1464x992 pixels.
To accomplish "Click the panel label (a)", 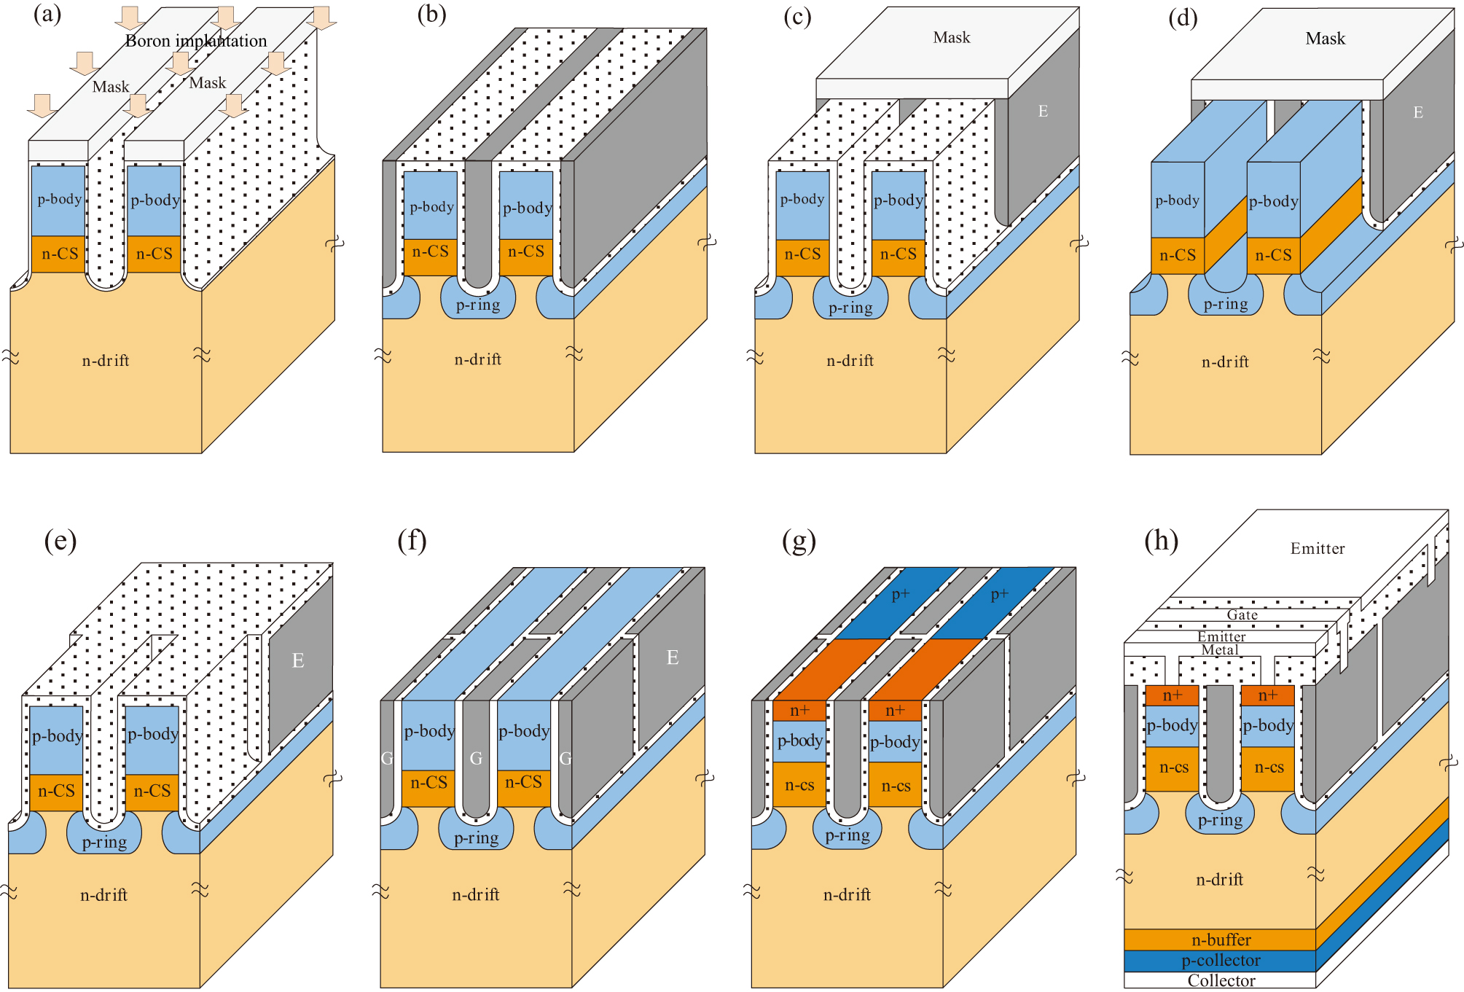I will coord(47,15).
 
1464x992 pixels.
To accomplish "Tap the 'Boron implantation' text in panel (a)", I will coord(196,41).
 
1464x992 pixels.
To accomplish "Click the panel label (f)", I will coord(412,541).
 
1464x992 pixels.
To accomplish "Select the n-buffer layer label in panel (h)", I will coord(1221,940).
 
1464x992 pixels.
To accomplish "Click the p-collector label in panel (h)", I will coord(1221,960).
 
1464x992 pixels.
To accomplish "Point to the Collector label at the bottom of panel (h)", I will coord(1221,980).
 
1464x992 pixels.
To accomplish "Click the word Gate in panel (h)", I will coord(1242,614).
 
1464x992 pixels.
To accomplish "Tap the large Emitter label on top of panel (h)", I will coord(1317,548).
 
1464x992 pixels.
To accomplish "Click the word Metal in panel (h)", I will coord(1219,649).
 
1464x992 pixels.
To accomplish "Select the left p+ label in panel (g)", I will coord(901,594).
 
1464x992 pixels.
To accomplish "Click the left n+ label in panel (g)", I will coord(799,710).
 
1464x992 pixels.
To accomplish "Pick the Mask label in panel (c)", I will coord(951,37).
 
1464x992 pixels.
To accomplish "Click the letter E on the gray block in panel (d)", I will coord(1417,112).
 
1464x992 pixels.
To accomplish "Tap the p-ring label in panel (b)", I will coord(478,305).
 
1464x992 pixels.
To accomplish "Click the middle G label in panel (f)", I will coord(476,758).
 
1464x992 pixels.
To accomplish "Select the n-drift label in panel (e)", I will coord(103,894).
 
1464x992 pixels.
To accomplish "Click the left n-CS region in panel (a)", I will coord(59,254).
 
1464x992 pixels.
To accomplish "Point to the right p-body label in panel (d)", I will coord(1273,201).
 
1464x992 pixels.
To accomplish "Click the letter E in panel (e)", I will coord(297,660).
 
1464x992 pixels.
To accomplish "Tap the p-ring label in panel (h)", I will coord(1220,820).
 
